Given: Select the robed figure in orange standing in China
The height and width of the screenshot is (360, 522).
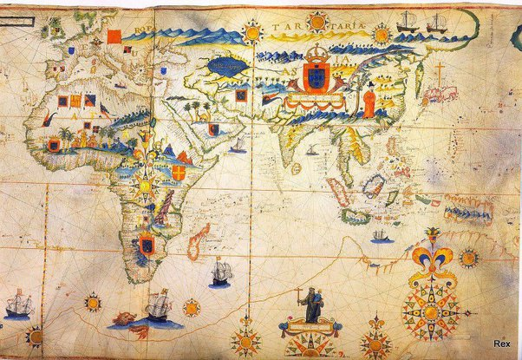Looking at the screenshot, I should point(369,102).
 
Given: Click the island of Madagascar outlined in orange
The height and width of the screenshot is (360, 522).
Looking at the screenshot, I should point(198,241).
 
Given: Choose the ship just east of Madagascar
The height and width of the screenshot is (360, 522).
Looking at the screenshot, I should point(220,274).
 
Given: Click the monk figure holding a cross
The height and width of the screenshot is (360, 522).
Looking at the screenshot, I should point(310,305).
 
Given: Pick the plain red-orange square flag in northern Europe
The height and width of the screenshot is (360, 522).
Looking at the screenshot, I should point(114,36).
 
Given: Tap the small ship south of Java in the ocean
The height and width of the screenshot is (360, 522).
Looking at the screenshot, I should point(380,235).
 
